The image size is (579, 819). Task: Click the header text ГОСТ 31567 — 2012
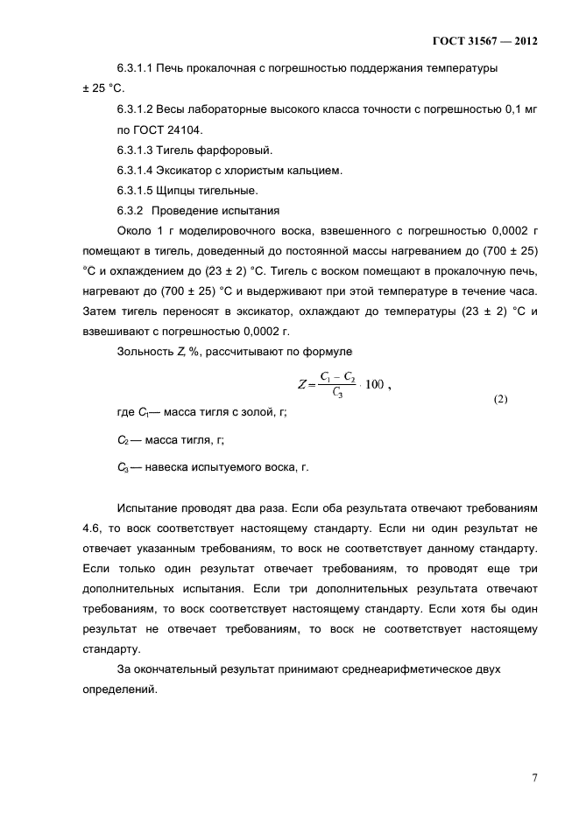point(484,40)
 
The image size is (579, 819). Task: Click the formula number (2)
point(500,399)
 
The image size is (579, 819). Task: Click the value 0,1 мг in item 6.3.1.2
point(519,109)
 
